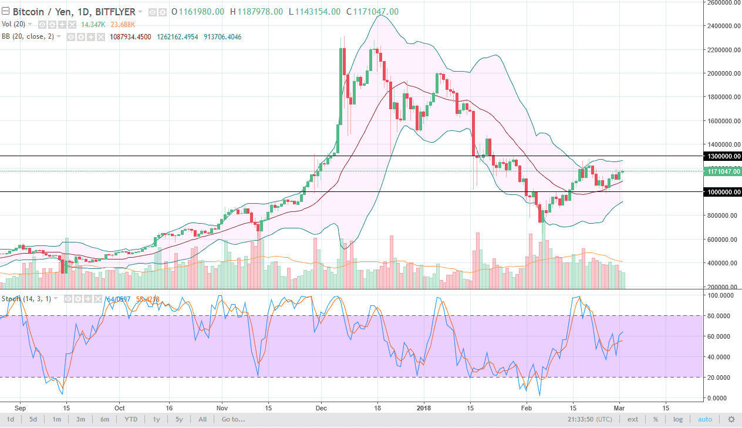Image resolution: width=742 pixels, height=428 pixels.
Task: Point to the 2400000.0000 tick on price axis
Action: [723, 26]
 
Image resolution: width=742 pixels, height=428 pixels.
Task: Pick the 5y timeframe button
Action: [179, 419]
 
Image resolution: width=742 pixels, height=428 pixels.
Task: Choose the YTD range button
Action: [131, 419]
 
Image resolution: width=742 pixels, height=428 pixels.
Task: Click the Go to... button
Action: [233, 419]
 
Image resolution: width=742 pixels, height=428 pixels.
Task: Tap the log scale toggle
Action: [677, 419]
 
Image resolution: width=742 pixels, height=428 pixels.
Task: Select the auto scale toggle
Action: [705, 419]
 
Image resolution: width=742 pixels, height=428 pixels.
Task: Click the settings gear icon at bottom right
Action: [731, 419]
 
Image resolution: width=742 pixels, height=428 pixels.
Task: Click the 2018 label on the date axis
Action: [423, 407]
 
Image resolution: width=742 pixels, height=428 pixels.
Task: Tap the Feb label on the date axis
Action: [527, 407]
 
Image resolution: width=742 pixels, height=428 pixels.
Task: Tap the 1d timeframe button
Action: [11, 419]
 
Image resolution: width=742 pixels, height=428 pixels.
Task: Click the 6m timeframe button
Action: [104, 419]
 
